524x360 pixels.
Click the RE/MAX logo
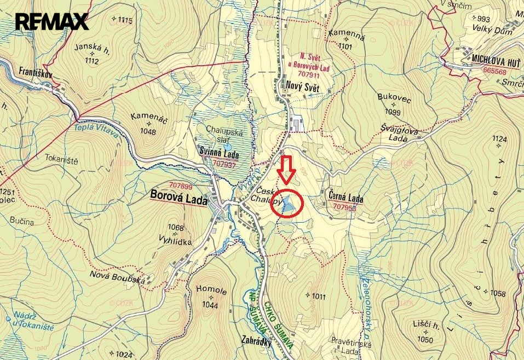[x=51, y=21]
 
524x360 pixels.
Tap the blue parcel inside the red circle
[x=290, y=204]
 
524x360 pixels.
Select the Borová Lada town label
[x=178, y=200]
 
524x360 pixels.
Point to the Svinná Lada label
[x=222, y=154]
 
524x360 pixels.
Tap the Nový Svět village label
[x=302, y=85]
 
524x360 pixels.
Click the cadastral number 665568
[x=494, y=71]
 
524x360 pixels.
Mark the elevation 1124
[x=499, y=140]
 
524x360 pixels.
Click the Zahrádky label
[x=257, y=339]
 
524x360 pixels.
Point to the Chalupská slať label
[x=224, y=134]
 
